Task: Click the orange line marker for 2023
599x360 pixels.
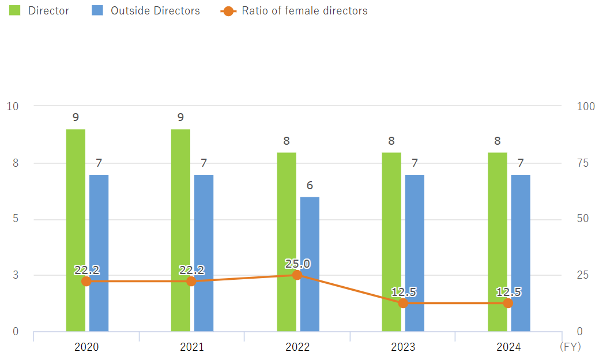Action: pyautogui.click(x=403, y=303)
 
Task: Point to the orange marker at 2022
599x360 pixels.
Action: pyautogui.click(x=297, y=275)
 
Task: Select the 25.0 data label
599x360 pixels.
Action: pyautogui.click(x=297, y=264)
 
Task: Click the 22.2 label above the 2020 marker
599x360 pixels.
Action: pyautogui.click(x=86, y=270)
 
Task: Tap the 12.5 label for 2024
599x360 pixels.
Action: pyautogui.click(x=508, y=292)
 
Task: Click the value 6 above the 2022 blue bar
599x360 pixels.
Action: pyautogui.click(x=310, y=185)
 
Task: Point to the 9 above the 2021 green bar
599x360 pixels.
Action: pyautogui.click(x=180, y=117)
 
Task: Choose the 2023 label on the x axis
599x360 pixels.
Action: pyautogui.click(x=403, y=347)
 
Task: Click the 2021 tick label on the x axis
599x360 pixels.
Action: pyautogui.click(x=191, y=347)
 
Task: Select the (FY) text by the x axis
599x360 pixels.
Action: pyautogui.click(x=570, y=347)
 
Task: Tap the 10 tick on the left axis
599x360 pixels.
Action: pyautogui.click(x=12, y=106)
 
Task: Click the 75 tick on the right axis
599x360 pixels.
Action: pyautogui.click(x=583, y=163)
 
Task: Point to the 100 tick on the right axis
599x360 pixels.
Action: pyautogui.click(x=586, y=106)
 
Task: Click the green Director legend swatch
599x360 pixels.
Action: pyautogui.click(x=15, y=10)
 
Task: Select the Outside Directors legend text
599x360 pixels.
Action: pyautogui.click(x=155, y=10)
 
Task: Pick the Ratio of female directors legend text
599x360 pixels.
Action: pyautogui.click(x=304, y=10)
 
